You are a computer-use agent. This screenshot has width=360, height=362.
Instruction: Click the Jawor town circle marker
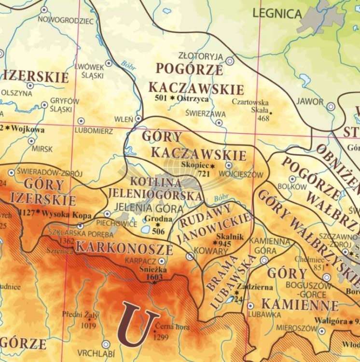point(331,106)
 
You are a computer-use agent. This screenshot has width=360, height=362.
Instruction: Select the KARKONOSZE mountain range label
point(124,249)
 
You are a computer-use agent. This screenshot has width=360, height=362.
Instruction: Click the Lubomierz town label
point(94,131)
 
